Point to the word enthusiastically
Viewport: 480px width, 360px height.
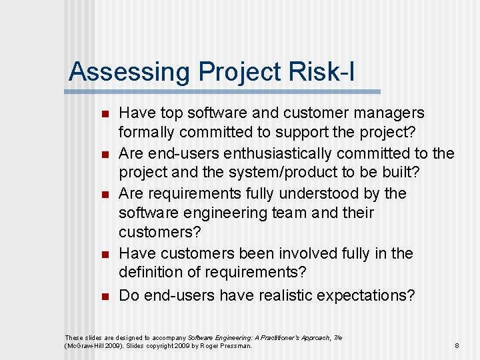pyautogui.click(x=281, y=153)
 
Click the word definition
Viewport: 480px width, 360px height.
pyautogui.click(x=150, y=273)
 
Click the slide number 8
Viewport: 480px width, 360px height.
pyautogui.click(x=457, y=346)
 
